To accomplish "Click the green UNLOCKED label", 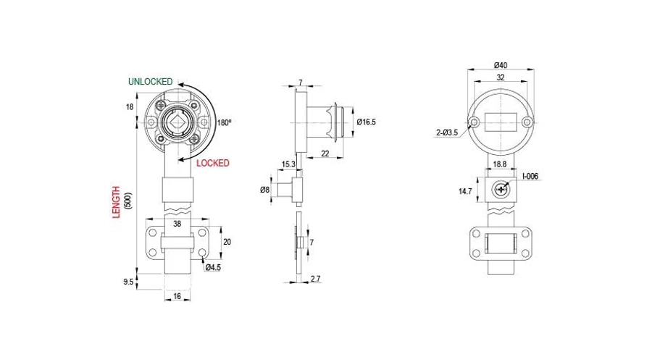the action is coord(150,82).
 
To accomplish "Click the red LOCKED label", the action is coord(213,164).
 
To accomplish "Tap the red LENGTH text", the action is coord(116,203).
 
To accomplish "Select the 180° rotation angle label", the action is coord(224,123).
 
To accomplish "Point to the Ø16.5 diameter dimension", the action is coord(367,122).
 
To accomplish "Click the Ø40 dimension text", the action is coord(501,65).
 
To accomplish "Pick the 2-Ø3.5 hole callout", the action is coord(447,132).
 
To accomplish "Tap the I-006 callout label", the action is coord(530,176).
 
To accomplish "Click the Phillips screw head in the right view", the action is coord(501,190).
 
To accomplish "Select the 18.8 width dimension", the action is coord(500,164).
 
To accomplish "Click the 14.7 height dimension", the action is coord(465,192).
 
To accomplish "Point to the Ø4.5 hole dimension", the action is coord(213,268).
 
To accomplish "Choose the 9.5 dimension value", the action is coord(128,282).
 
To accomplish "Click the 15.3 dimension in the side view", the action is coord(288,164).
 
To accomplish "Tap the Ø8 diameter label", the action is coord(265,190).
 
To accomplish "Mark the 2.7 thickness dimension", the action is coord(316,279).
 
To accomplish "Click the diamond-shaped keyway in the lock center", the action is coord(177,122).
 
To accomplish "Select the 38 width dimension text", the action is coord(177,224).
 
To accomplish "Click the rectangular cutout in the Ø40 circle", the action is coord(501,122).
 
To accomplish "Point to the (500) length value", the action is coord(128,201).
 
